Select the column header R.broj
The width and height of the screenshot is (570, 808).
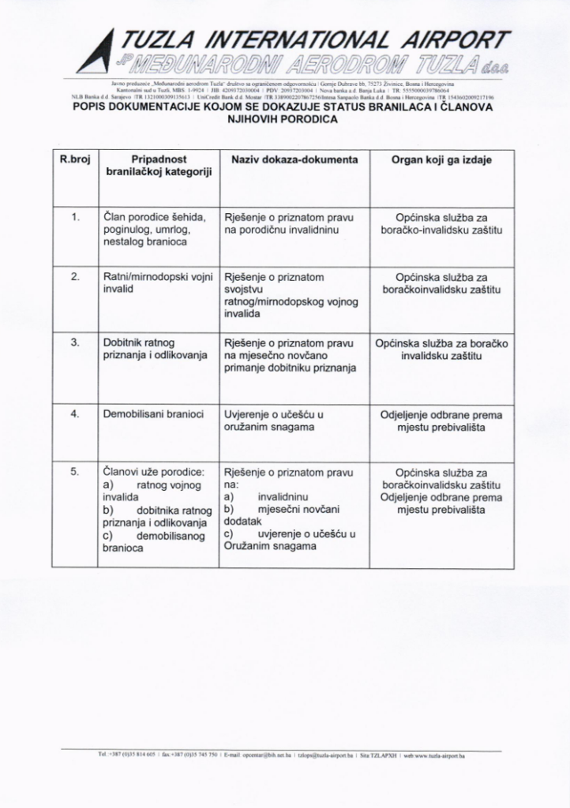pyautogui.click(x=75, y=160)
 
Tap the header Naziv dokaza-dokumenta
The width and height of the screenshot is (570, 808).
pyautogui.click(x=294, y=160)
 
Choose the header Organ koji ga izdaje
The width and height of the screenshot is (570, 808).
pyautogui.click(x=441, y=160)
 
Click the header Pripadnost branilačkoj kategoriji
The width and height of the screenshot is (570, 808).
pyautogui.click(x=159, y=166)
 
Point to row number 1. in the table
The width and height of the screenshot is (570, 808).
pyautogui.click(x=75, y=217)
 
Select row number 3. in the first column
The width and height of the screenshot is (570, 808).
pyautogui.click(x=75, y=343)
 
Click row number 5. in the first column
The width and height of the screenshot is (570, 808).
pyautogui.click(x=75, y=471)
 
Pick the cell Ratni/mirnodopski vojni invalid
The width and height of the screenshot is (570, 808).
pyautogui.click(x=159, y=283)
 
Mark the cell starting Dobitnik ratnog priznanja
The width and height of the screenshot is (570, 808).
pyautogui.click(x=150, y=349)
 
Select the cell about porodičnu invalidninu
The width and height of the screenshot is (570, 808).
pyautogui.click(x=289, y=223)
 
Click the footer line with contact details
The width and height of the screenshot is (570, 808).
pyautogui.click(x=282, y=755)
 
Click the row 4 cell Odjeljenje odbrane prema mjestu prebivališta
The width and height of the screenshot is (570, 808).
pyautogui.click(x=441, y=421)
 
